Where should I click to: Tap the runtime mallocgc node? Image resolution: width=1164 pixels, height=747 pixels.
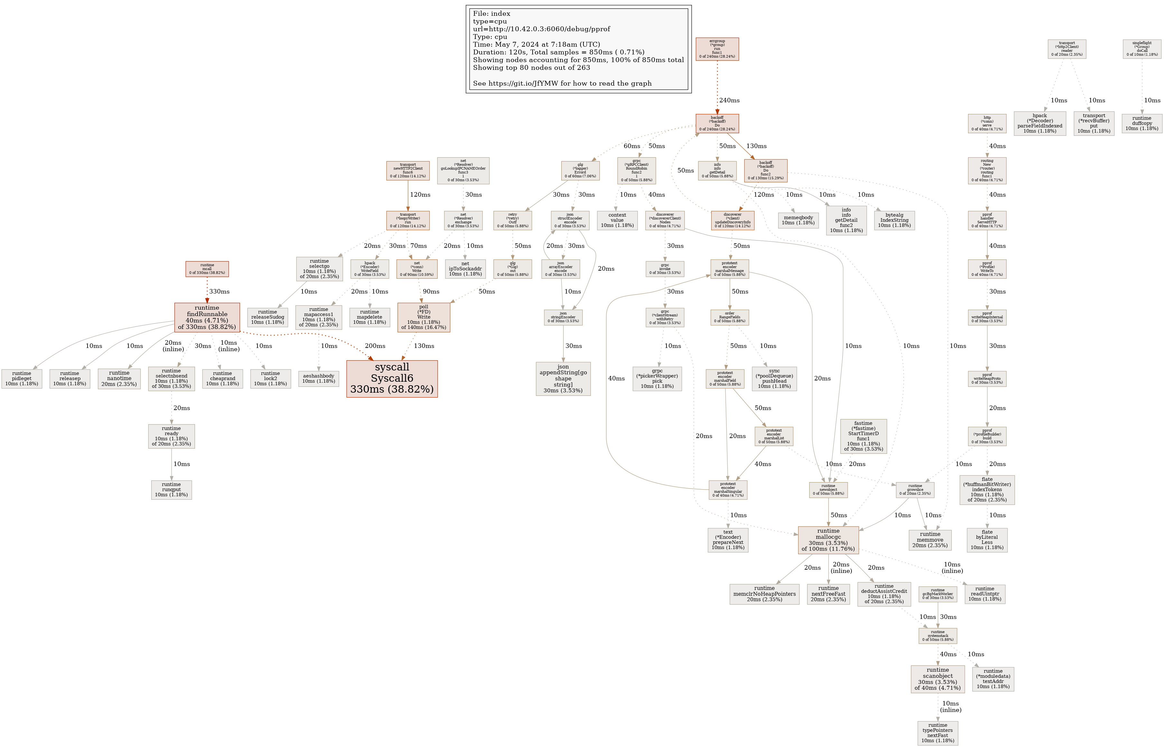coord(828,540)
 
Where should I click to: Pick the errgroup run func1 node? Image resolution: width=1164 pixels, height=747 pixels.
coord(717,49)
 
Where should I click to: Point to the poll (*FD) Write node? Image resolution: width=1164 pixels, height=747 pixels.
coord(424,317)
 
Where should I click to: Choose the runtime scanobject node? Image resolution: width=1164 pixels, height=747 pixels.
coord(937,678)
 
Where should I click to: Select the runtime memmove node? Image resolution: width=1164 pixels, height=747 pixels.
coord(930,539)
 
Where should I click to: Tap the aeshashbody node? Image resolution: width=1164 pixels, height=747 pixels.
coord(318,378)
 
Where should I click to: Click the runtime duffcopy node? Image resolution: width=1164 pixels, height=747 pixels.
coord(1142,123)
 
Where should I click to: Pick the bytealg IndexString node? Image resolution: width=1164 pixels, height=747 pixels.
coord(894,220)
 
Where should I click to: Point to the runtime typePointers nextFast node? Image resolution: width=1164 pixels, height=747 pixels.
coord(937,733)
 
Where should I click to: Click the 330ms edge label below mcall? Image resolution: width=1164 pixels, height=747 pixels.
coord(219,292)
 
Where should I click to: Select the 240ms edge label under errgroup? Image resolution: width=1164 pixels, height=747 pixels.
coord(729,100)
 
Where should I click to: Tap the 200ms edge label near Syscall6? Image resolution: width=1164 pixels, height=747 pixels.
coord(375,346)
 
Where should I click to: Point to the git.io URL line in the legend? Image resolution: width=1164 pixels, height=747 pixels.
coord(562,83)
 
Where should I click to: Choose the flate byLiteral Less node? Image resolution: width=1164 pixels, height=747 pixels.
coord(986,539)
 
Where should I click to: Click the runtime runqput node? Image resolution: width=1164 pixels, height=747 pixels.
coord(171,490)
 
